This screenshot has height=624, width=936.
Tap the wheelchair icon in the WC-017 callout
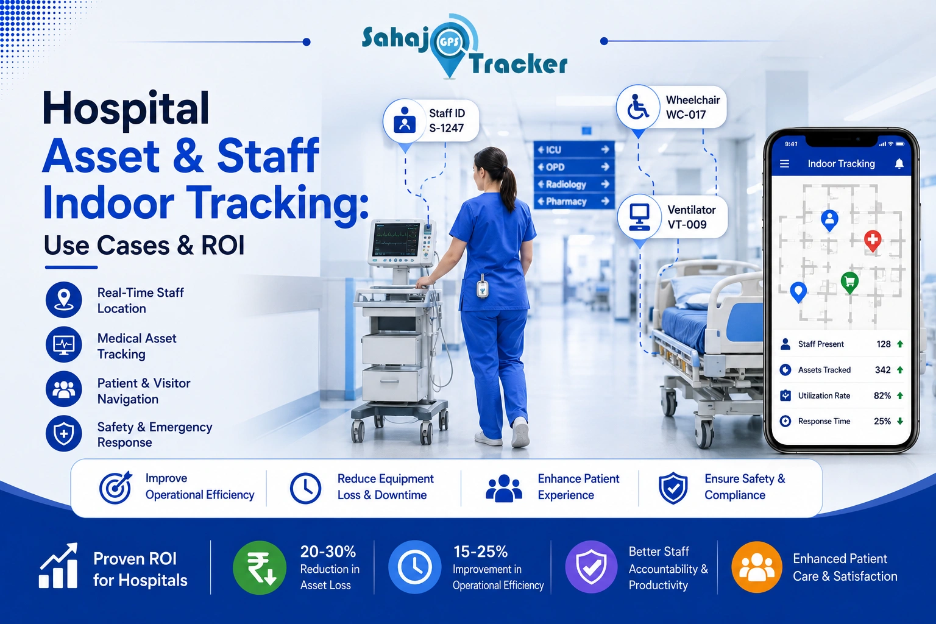click(637, 107)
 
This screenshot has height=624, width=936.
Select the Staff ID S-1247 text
click(447, 121)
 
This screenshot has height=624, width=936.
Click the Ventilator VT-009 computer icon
click(639, 217)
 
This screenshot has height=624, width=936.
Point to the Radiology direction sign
click(573, 184)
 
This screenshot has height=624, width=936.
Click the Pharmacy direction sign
click(573, 202)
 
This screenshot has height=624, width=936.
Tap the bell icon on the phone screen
click(899, 163)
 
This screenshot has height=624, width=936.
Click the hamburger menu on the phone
click(784, 164)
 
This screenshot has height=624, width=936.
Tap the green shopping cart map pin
click(849, 283)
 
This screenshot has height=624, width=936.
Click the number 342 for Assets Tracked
click(882, 370)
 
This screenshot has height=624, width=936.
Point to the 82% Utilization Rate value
click(882, 395)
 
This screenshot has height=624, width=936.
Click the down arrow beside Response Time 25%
click(900, 421)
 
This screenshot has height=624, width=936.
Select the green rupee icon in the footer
click(260, 567)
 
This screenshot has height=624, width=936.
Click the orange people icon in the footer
click(757, 567)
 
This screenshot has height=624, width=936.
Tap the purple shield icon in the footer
click(591, 567)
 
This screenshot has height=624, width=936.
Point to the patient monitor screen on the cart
click(396, 240)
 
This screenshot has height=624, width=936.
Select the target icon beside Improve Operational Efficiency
click(115, 487)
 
